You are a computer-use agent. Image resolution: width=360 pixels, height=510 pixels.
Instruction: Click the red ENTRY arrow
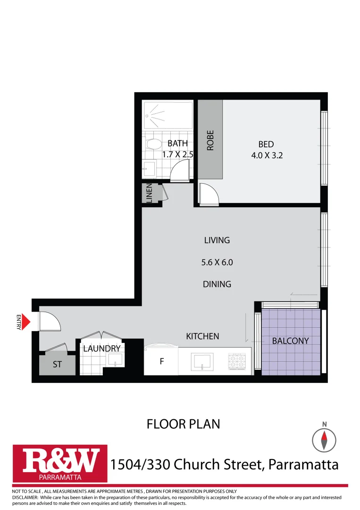coord(27,322)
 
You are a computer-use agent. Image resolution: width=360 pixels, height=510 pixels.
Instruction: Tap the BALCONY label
coord(291,340)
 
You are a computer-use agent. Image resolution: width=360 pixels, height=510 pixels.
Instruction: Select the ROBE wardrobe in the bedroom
coord(210,140)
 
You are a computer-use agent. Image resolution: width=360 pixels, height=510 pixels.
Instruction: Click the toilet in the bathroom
coord(152,143)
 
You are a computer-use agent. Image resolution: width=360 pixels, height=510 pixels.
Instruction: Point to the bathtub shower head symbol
coord(149,115)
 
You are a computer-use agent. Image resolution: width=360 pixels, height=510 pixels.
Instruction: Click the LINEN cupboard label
coord(149,194)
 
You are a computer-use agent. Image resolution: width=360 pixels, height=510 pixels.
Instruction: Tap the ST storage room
coord(57,365)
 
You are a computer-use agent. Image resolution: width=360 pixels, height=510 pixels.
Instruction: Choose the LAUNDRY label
coord(102,348)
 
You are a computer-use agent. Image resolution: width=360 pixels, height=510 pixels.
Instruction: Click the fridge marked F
coord(161,362)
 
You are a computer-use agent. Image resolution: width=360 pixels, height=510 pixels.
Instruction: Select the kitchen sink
coord(203,363)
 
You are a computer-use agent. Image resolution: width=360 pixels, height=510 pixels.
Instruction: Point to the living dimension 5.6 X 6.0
coord(217,262)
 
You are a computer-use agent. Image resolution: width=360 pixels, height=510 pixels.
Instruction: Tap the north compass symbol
coord(325,440)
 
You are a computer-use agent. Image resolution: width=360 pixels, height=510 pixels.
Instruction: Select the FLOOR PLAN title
coord(184,424)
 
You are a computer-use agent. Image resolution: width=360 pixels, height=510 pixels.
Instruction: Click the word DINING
coord(217,284)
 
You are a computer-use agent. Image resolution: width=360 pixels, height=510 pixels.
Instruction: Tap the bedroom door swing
coord(208,195)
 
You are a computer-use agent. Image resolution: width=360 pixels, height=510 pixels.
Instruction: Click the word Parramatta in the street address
coord(303,465)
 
